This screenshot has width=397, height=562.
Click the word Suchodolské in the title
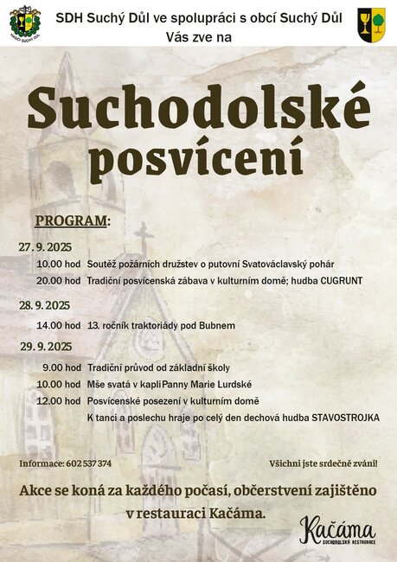(199, 109)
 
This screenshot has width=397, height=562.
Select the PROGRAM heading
(72, 220)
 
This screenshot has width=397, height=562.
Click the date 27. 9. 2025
(44, 247)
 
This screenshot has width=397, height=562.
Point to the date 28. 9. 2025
(45, 305)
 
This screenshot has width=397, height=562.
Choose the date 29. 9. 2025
(46, 347)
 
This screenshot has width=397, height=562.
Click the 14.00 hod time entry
(59, 326)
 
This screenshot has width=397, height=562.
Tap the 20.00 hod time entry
(59, 281)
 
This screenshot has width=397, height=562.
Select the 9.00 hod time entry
(61, 367)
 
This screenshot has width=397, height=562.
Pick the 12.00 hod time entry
(59, 401)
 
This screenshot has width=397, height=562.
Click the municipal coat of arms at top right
(371, 22)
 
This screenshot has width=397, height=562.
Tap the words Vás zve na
(198, 38)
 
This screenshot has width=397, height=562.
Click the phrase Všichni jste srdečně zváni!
(323, 463)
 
